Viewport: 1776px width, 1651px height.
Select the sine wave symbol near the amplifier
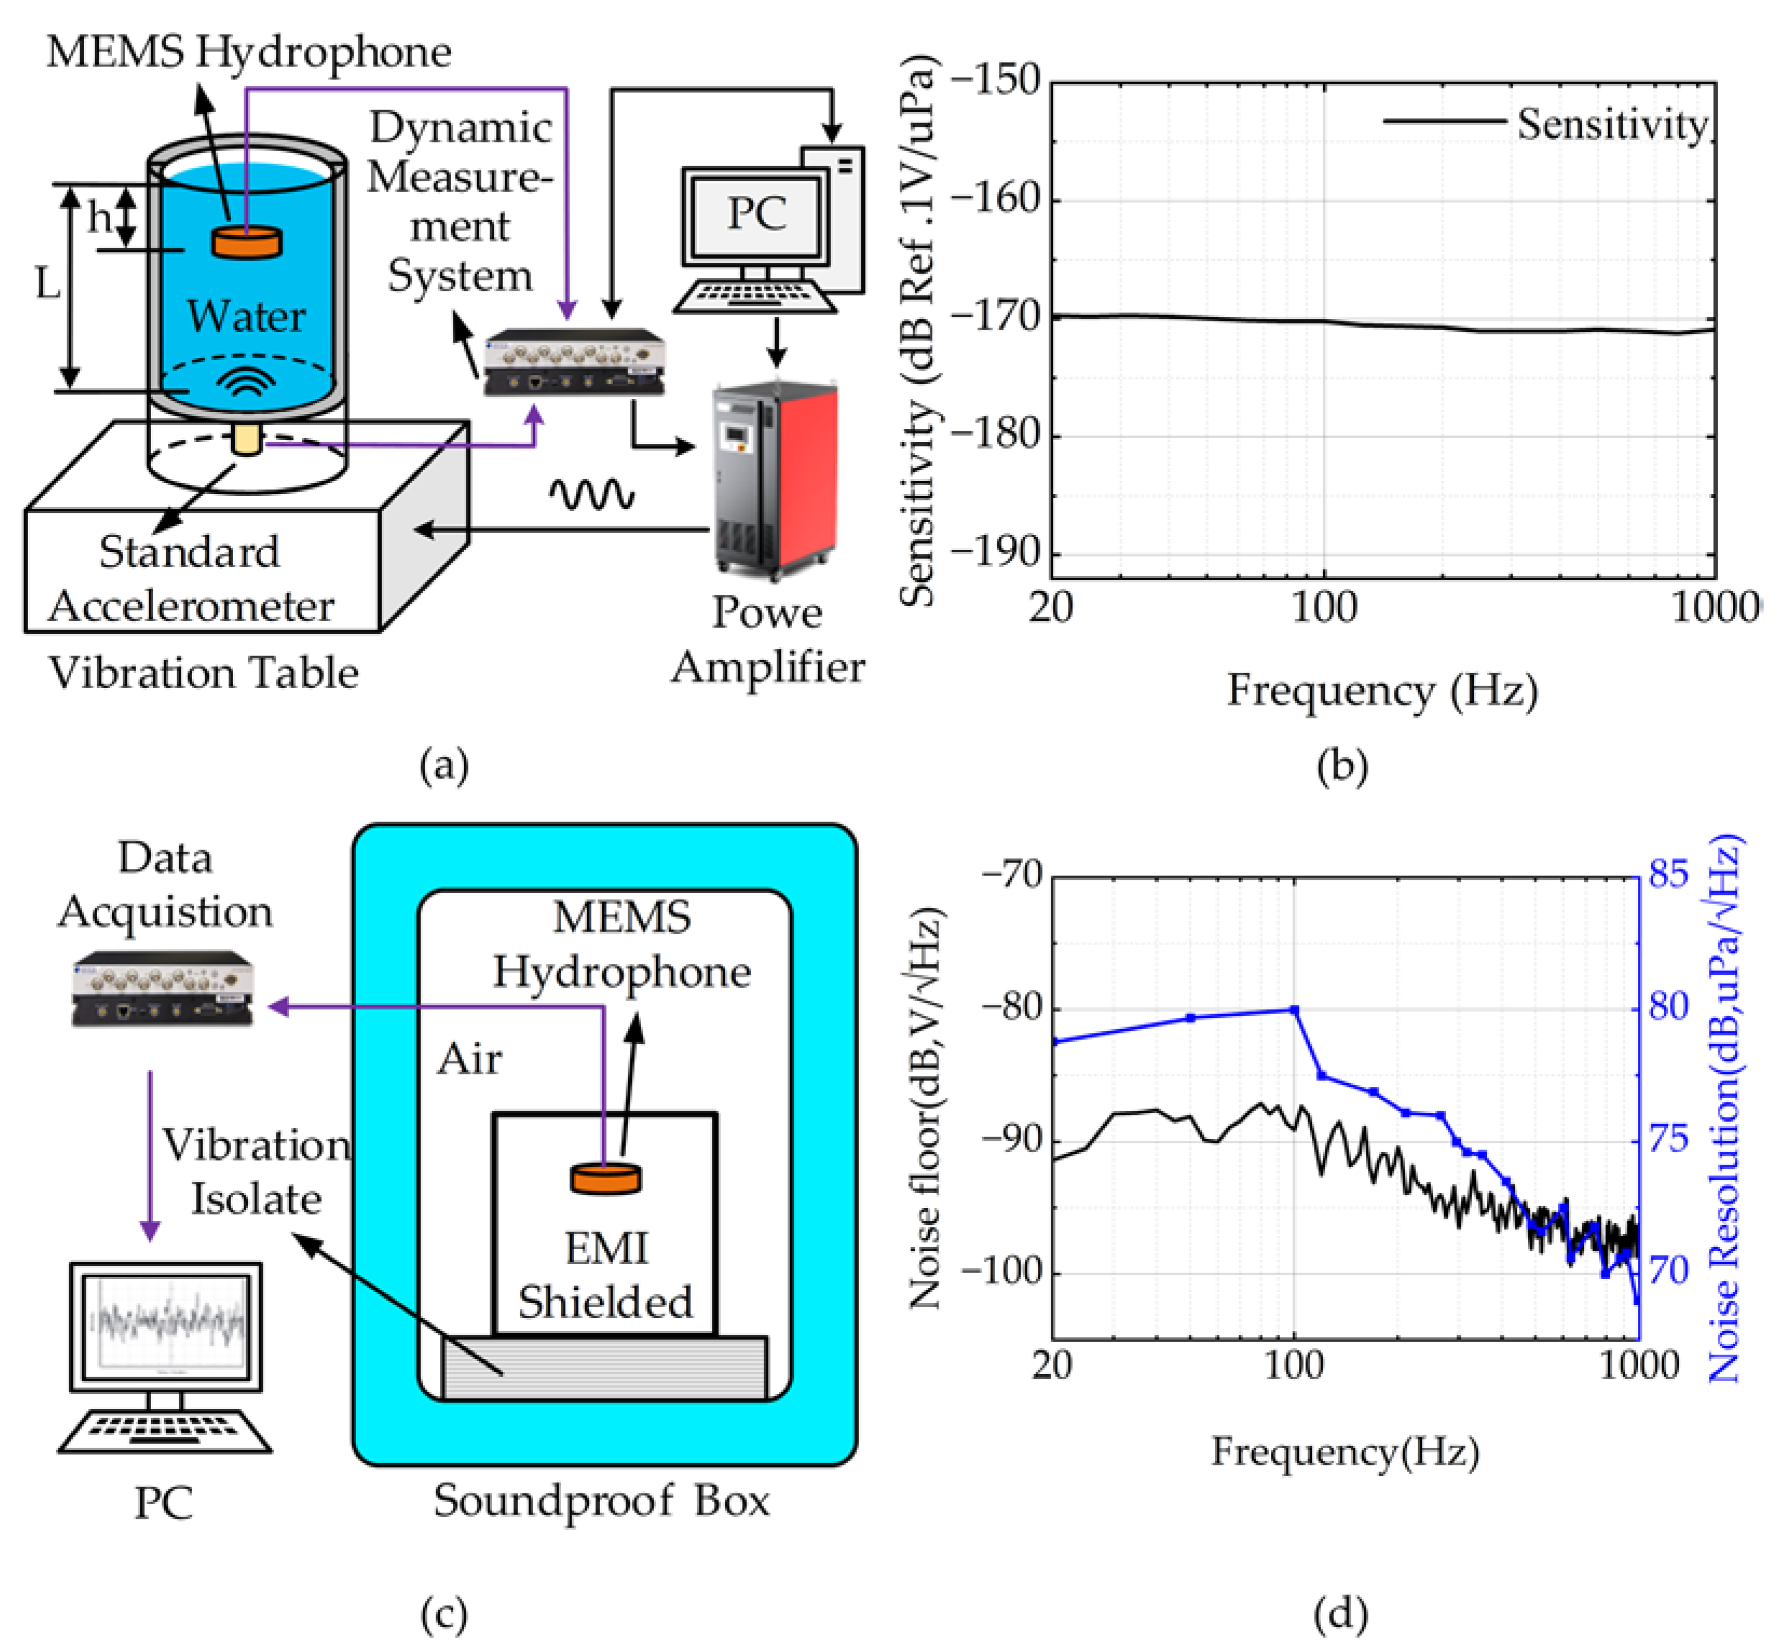tap(591, 494)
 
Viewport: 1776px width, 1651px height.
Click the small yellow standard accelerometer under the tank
tap(247, 439)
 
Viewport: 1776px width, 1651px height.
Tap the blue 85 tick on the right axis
tap(1669, 874)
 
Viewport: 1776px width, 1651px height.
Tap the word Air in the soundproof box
tap(469, 1059)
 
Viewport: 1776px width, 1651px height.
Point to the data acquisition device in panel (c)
tap(162, 988)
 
